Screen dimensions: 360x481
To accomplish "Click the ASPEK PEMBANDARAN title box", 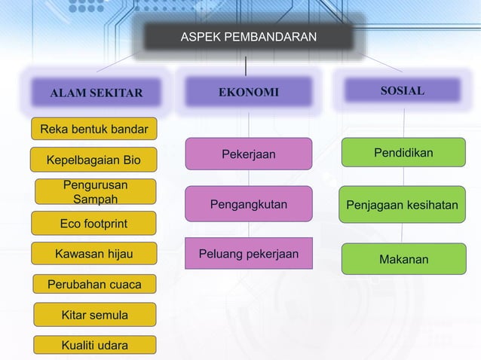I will (248, 37).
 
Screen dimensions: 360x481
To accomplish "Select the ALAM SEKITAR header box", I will (96, 93).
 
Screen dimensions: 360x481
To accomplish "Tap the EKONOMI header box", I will (248, 93).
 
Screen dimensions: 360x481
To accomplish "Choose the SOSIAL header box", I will (402, 91).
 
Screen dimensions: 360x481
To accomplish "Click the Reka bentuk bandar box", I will (93, 129).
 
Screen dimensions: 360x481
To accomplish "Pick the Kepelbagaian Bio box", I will (93, 160).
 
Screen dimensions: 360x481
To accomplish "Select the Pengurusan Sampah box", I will (95, 192).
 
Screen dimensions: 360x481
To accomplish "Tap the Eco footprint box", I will (93, 224).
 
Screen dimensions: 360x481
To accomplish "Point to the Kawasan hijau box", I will (93, 255).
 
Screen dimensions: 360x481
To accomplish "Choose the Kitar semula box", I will (94, 315).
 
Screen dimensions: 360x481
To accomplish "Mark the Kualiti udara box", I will (94, 346).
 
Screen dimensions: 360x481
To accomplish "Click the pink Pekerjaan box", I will (248, 154).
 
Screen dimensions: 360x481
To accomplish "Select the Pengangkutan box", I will (248, 203).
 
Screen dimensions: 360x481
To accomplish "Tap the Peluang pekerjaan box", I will (248, 254).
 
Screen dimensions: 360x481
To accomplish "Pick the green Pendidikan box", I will (403, 153).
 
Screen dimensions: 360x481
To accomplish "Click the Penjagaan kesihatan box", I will (402, 204).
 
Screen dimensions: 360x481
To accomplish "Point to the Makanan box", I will (403, 259).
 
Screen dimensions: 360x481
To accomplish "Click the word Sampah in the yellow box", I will (95, 200).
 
